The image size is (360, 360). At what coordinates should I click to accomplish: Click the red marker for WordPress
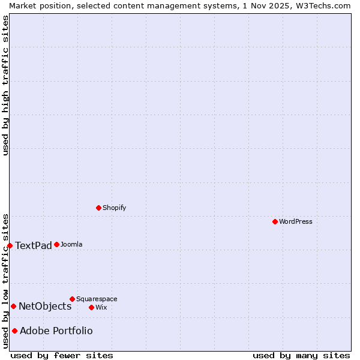pos(275,221)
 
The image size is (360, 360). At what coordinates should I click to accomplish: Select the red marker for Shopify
pos(98,208)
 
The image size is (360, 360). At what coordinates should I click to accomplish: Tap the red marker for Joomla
pos(56,244)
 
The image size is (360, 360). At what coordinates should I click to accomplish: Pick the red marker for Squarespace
pos(72,299)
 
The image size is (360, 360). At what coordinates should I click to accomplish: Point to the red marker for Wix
pos(91,307)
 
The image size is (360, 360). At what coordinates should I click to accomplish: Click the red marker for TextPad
pos(10,245)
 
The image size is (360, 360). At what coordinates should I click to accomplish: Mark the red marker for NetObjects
pos(13,306)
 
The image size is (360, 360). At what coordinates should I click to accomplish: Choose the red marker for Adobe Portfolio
pos(14,331)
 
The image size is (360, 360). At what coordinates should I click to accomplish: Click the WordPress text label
pos(296,221)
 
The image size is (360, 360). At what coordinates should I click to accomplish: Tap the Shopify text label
pos(115,208)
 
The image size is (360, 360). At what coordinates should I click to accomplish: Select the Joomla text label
pos(71,244)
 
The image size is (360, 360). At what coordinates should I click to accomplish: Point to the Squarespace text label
pos(97,299)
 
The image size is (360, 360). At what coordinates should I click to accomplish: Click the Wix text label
pos(101,307)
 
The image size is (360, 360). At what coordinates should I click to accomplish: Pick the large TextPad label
pos(34,245)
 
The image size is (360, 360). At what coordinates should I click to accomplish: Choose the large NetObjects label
pos(45,306)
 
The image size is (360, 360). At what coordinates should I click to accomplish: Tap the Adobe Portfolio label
pos(56,331)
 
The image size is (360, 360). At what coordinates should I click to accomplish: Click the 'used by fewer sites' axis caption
pos(62,356)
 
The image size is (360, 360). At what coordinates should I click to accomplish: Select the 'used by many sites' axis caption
pos(301,356)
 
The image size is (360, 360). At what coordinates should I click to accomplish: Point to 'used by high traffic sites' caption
pos(5,85)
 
